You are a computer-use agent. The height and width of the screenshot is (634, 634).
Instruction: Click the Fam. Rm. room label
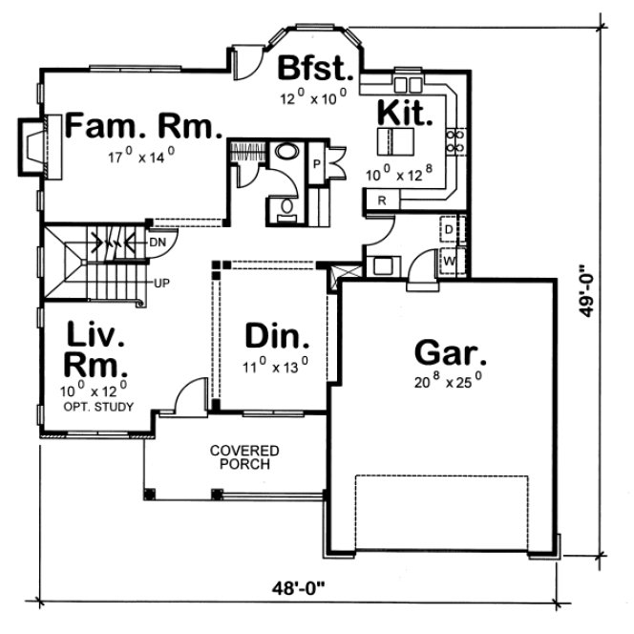(x=143, y=127)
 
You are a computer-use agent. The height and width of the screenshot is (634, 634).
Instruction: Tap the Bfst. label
(x=316, y=71)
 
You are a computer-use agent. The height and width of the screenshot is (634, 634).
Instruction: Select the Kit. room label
(x=406, y=112)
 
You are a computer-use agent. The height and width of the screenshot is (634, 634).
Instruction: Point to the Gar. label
(x=451, y=352)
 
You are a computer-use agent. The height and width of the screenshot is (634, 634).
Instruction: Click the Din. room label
(x=277, y=336)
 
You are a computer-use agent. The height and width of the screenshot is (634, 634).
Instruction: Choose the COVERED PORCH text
(x=245, y=457)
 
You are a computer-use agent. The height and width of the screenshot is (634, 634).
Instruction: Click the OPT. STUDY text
(x=98, y=407)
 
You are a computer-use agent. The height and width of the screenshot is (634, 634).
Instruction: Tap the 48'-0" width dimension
(x=298, y=586)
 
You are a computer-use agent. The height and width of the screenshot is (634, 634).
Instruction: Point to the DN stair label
(x=158, y=243)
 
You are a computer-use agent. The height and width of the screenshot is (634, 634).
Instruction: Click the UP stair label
(x=164, y=284)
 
